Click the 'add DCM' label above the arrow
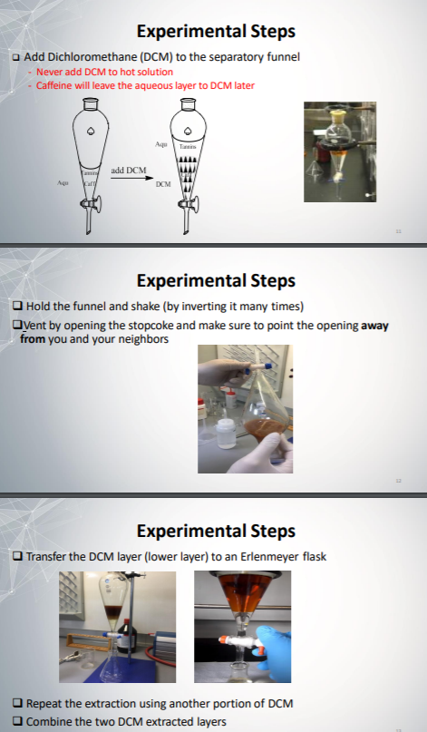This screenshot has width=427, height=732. point(128,170)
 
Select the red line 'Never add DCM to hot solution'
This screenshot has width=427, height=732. point(104,72)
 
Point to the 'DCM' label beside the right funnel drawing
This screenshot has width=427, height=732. point(163,184)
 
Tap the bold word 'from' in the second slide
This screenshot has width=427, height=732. point(34,338)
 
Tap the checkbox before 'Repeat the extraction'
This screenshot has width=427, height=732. point(18,704)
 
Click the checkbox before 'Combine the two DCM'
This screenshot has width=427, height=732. point(18,721)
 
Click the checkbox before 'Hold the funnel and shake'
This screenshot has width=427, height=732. point(18,306)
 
